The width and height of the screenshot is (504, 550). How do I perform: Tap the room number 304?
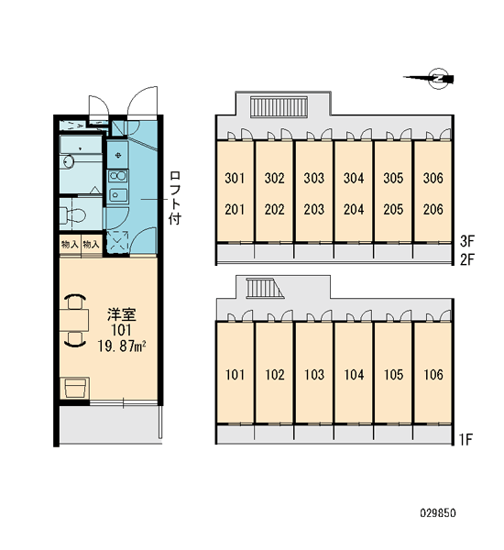pyautogui.click(x=354, y=178)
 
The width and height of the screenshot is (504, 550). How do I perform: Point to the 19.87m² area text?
pyautogui.click(x=121, y=346)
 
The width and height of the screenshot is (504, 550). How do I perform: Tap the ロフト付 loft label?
pyautogui.click(x=175, y=198)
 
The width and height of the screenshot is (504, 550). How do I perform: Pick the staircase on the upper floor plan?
pyautogui.click(x=279, y=106)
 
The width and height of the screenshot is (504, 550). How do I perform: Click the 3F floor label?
pyautogui.click(x=466, y=241)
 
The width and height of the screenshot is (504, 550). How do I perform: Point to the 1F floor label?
pyautogui.click(x=466, y=439)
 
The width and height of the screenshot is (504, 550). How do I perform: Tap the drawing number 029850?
pyautogui.click(x=438, y=513)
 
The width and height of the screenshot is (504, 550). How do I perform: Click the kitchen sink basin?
pyautogui.click(x=118, y=195)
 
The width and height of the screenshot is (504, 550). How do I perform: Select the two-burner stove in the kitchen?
pyautogui.click(x=118, y=176)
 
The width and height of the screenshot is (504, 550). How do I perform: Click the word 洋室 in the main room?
pyautogui.click(x=121, y=314)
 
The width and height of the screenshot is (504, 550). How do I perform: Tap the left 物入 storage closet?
pyautogui.click(x=70, y=245)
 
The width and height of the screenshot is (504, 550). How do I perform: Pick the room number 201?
pyautogui.click(x=235, y=210)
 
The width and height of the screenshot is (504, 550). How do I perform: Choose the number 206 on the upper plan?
pyautogui.click(x=433, y=210)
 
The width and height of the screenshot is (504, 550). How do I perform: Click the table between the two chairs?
pyautogui.click(x=74, y=320)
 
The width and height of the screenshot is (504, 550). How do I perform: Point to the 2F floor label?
pyautogui.click(x=466, y=260)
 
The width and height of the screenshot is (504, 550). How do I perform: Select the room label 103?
pyautogui.click(x=314, y=375)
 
